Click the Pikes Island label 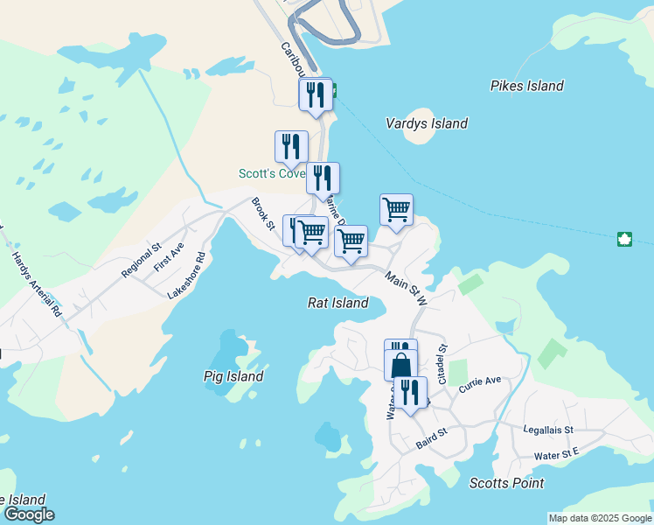pyautogui.click(x=526, y=86)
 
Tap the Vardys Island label pyautogui.click(x=427, y=123)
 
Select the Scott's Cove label pyautogui.click(x=270, y=173)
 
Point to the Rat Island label pyautogui.click(x=337, y=303)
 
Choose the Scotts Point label pyautogui.click(x=506, y=483)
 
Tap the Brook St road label pyautogui.click(x=263, y=213)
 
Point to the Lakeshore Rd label pyautogui.click(x=189, y=276)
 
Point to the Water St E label pyautogui.click(x=557, y=455)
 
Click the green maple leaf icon pyautogui.click(x=624, y=239)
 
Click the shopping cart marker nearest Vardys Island pyautogui.click(x=396, y=209)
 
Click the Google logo pyautogui.click(x=28, y=514)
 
